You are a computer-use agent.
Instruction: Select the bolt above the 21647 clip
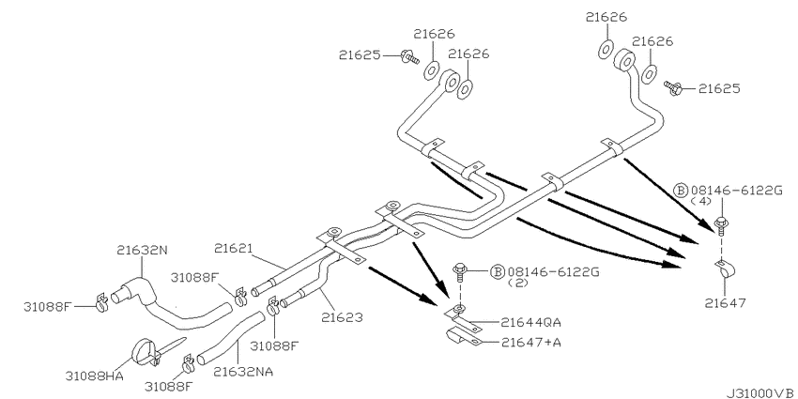[x=719, y=224]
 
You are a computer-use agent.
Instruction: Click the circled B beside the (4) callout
[x=681, y=190]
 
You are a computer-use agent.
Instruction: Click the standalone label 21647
[x=722, y=302]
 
